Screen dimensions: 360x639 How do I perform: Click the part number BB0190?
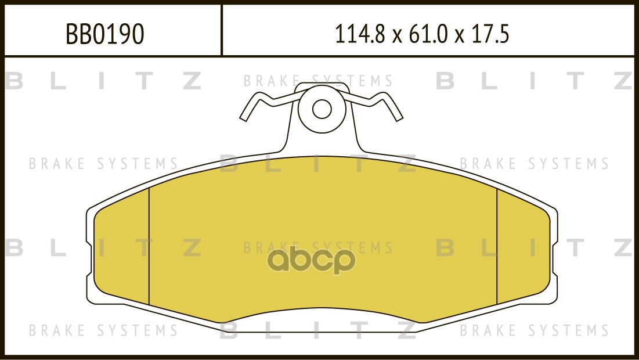105,35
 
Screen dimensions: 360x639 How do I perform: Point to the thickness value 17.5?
490,35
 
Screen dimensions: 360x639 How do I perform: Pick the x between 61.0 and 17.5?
460,37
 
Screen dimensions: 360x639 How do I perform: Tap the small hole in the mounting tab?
322,109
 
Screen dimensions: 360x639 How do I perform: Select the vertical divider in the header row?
222,30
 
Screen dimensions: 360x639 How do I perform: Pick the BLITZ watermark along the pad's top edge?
318,164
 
